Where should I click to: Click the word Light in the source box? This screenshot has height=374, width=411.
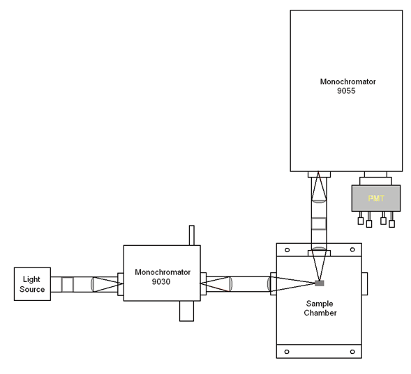pyautogui.click(x=31, y=279)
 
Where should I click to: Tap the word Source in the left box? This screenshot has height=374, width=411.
pyautogui.click(x=32, y=289)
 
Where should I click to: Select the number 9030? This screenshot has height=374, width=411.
pyautogui.click(x=161, y=281)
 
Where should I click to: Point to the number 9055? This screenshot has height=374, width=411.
pyautogui.click(x=346, y=91)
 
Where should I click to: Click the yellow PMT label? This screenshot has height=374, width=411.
pyautogui.click(x=376, y=198)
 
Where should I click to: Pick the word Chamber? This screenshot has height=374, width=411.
pyautogui.click(x=320, y=313)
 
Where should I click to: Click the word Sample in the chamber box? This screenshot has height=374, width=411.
pyautogui.click(x=320, y=304)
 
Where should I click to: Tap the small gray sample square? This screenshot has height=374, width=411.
pyautogui.click(x=320, y=283)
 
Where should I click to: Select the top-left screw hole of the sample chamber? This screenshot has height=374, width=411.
pyautogui.click(x=287, y=250)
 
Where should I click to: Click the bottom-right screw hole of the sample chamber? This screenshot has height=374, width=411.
pyautogui.click(x=352, y=352)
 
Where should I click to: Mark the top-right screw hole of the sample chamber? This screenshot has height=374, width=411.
pyautogui.click(x=352, y=249)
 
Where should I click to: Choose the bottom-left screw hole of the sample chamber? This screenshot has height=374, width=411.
pyautogui.click(x=287, y=352)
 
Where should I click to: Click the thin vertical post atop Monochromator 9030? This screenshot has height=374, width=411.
pyautogui.click(x=192, y=235)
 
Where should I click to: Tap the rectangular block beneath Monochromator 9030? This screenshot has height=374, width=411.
pyautogui.click(x=186, y=311)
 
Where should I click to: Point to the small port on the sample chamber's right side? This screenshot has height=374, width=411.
pyautogui.click(x=365, y=283)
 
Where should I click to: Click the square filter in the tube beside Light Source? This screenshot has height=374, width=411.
pyautogui.click(x=68, y=284)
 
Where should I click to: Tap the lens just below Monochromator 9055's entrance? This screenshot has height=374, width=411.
pyautogui.click(x=319, y=201)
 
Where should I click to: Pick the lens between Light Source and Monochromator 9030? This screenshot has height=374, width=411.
pyautogui.click(x=93, y=284)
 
